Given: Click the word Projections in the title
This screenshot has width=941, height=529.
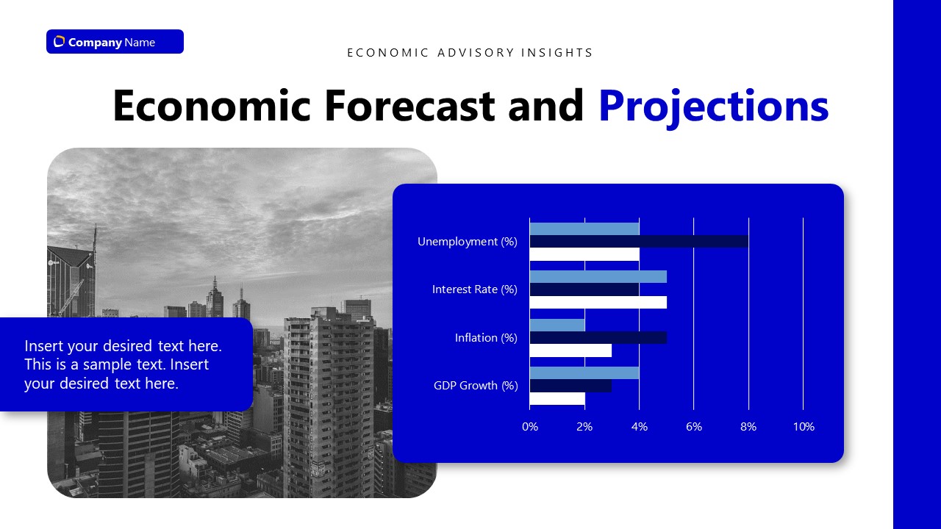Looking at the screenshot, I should [x=713, y=106].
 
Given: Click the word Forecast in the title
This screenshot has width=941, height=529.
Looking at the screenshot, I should [x=409, y=106].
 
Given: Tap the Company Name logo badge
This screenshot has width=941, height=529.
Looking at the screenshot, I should [x=115, y=42].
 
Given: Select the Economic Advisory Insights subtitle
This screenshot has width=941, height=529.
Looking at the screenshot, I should [x=470, y=53].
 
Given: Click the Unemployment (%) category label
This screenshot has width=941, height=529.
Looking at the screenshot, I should [x=467, y=242].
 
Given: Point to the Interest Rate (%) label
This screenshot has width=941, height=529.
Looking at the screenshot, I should [x=474, y=289].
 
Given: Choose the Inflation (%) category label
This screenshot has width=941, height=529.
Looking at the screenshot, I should [x=486, y=338].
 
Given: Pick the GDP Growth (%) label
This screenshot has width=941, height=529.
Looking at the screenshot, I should [x=475, y=386].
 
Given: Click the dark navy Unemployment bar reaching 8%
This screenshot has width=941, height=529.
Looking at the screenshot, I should [x=638, y=241].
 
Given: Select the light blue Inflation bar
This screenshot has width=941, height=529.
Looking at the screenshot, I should [x=557, y=325].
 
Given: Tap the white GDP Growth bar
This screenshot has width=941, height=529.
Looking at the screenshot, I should [x=557, y=398].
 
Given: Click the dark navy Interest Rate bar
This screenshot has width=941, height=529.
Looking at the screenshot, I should [x=584, y=289].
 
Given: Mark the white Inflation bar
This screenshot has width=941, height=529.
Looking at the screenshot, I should [x=570, y=350].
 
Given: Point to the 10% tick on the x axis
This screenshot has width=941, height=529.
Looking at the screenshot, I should [x=803, y=427].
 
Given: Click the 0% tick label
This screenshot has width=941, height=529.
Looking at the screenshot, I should [x=529, y=427].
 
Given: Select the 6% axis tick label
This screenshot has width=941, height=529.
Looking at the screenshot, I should [x=693, y=427].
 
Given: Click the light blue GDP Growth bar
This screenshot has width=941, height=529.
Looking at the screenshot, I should [x=584, y=373].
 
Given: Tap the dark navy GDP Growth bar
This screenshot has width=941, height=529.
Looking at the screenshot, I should [x=570, y=386].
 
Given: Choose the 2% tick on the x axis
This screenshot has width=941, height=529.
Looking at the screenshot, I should [x=584, y=427].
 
